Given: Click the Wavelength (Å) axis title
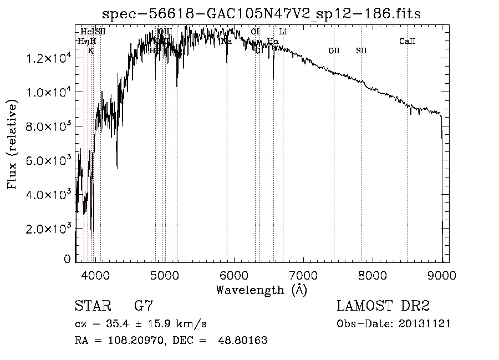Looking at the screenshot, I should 261,290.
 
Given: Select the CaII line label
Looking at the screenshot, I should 408,41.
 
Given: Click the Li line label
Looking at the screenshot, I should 283,32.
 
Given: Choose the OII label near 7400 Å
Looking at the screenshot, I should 334,50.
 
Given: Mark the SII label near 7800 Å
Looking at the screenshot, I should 361,50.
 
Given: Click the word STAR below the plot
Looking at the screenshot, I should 92,306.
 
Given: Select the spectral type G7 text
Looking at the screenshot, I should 144,306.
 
